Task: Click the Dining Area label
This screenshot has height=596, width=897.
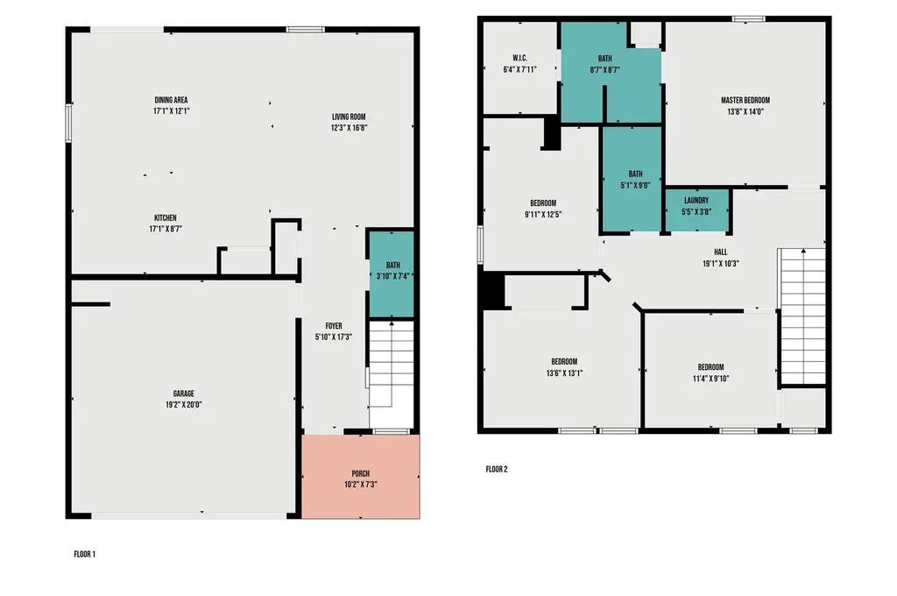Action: coord(171,100)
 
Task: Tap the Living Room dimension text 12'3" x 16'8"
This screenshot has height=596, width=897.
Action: coord(349,128)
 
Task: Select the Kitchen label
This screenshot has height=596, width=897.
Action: coord(166,218)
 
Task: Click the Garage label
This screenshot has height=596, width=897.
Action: coord(184,394)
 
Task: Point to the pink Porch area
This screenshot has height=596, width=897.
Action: coord(360,476)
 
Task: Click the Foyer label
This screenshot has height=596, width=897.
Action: coord(334,326)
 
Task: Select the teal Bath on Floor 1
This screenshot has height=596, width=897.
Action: coord(392,273)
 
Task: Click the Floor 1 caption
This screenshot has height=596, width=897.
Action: coord(85,554)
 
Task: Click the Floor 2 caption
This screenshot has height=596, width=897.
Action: coord(497,470)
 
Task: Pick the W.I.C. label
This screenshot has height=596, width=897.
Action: coord(520,59)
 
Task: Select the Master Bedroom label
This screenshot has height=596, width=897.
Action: coord(745,100)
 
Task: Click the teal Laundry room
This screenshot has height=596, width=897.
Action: coord(696,210)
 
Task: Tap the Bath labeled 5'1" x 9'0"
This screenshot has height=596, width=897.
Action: coord(632,179)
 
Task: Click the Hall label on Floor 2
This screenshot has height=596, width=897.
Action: coord(721,252)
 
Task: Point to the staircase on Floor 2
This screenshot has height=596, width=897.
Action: coord(803,316)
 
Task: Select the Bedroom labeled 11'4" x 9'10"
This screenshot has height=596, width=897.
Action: coord(710,372)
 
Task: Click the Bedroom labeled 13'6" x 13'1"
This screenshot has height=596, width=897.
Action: coord(564,367)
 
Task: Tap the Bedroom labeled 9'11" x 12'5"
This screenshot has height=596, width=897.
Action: coord(543,209)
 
